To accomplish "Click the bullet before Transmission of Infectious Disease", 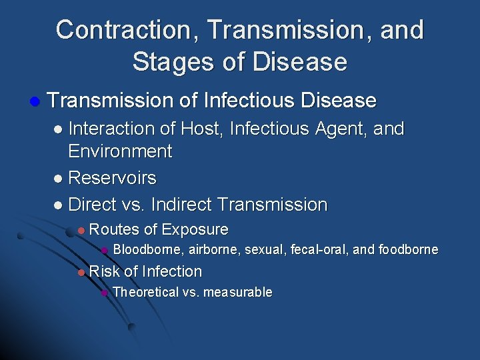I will click(x=35, y=101).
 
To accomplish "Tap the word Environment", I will click(x=120, y=151).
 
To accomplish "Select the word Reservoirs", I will click(x=112, y=178).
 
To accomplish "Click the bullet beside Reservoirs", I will click(x=59, y=179).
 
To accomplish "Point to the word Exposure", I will click(x=195, y=230).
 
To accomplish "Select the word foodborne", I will click(x=408, y=250).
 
